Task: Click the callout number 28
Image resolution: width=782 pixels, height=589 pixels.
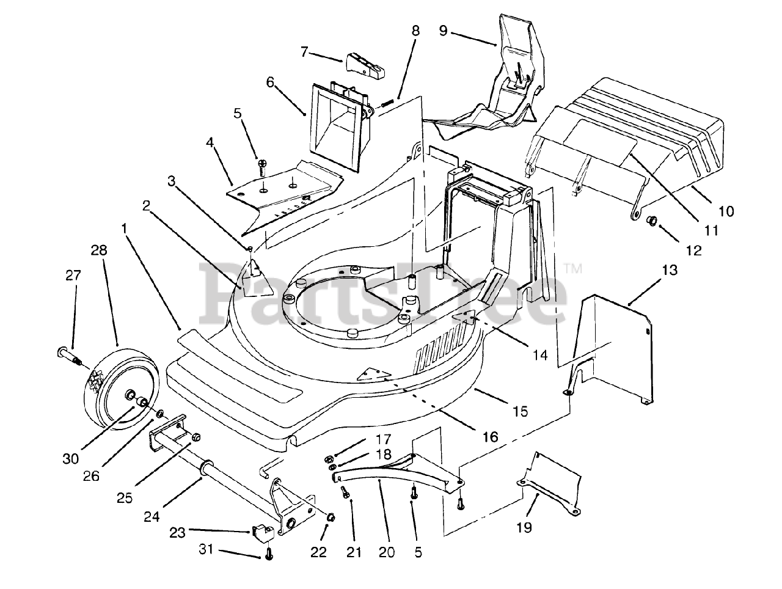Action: tap(98, 250)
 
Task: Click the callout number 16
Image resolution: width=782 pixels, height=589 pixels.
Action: tap(490, 436)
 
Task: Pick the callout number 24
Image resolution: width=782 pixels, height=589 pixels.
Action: tap(152, 516)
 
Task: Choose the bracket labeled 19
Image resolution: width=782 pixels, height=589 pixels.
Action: tap(550, 483)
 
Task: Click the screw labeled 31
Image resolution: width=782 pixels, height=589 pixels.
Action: tap(269, 555)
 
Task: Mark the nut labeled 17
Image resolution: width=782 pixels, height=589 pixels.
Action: tap(328, 458)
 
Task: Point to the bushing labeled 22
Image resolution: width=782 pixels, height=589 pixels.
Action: tap(330, 517)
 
